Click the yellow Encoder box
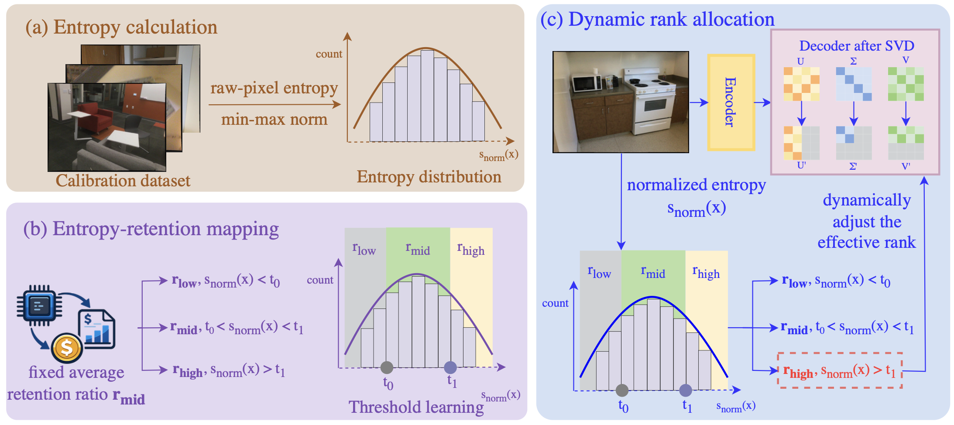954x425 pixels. point(731,102)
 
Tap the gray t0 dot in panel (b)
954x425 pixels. point(387,367)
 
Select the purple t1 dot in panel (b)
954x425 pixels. point(450,367)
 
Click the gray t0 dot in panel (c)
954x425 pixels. point(622,390)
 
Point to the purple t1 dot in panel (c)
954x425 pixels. point(686,390)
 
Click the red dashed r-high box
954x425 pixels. point(839,370)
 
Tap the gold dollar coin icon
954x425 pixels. point(67,348)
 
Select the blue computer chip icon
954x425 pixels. point(39,305)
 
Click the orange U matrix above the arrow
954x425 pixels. point(801,84)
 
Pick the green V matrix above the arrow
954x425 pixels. point(906,84)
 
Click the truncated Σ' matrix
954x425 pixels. point(854,143)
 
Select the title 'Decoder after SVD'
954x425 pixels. point(856,46)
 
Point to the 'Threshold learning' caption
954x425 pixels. point(416,407)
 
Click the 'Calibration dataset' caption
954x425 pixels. point(123,181)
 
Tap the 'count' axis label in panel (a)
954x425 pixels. point(329,54)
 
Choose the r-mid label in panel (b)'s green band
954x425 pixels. point(418,250)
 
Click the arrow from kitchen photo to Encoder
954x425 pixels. point(698,103)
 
